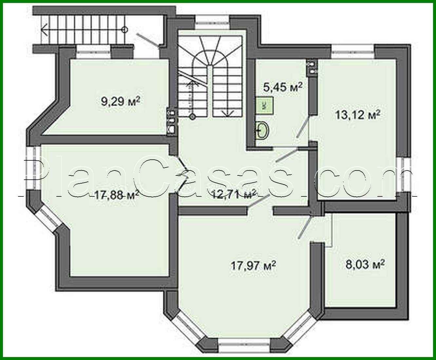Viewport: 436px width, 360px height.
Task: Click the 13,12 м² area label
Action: click(x=357, y=115)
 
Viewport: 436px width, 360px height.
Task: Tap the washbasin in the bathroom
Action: click(x=262, y=131)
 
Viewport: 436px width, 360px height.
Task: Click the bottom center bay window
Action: click(x=244, y=345)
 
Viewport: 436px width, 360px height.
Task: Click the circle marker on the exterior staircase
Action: click(x=124, y=30)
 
